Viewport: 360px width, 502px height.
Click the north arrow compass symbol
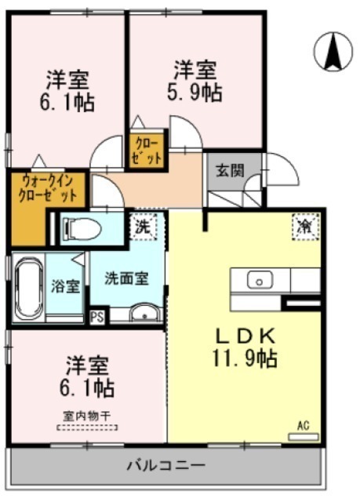coord(333,52)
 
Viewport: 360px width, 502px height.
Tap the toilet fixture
coord(82,228)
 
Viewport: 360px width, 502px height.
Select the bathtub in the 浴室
coord(30,288)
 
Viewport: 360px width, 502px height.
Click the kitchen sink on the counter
coord(260,280)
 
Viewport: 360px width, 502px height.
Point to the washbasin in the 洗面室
coord(144,313)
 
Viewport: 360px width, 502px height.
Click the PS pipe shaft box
coord(97,318)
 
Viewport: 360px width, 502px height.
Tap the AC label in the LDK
coord(303,426)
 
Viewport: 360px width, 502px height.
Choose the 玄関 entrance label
coord(230,170)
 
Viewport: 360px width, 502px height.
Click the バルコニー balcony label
coord(165,465)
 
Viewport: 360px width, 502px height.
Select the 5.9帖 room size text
coord(195,93)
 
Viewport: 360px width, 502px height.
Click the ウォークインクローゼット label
coord(48,189)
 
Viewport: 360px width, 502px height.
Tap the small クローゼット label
coord(147,151)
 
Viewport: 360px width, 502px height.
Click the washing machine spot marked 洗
coord(143,227)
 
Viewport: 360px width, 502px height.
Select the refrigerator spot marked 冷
coord(306,227)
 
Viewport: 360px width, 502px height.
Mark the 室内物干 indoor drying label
coord(87,417)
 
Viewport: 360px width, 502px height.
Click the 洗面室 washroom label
coord(127,279)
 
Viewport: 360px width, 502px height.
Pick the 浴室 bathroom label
coord(65,286)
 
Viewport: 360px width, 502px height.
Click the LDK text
coord(245,336)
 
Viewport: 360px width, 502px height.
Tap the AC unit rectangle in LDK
coord(304,437)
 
